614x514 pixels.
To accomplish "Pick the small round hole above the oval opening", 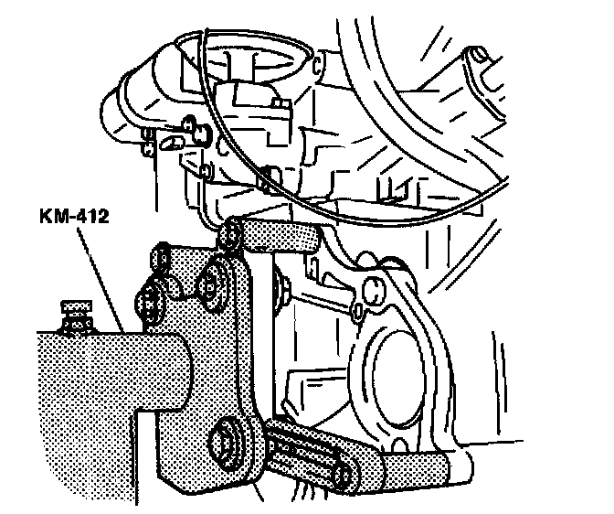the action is pos(374,291).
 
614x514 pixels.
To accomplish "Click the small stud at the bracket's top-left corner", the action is pos(162,251).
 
